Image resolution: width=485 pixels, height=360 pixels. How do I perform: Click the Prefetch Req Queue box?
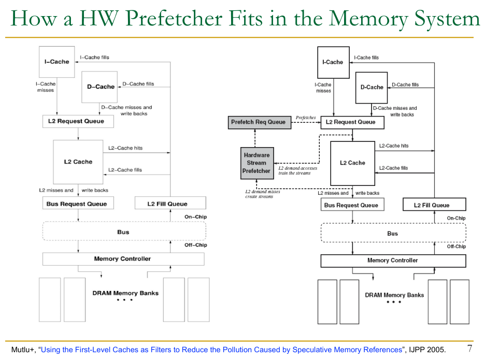(258, 122)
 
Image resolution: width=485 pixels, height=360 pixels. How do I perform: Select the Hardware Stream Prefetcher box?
(256, 163)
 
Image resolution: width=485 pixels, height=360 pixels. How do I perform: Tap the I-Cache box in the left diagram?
(57, 62)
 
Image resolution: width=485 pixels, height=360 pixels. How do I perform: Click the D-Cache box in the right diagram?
(372, 87)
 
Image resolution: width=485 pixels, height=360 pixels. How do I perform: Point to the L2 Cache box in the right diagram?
(352, 163)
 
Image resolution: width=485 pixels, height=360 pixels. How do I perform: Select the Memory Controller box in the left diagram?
(123, 258)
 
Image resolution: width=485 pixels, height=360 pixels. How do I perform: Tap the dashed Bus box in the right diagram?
(393, 233)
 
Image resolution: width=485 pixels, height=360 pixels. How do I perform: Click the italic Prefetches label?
(306, 118)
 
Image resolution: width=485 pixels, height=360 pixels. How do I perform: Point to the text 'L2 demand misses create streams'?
(263, 194)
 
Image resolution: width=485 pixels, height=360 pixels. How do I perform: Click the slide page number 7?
(470, 348)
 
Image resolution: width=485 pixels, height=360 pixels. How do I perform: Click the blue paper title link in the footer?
(221, 350)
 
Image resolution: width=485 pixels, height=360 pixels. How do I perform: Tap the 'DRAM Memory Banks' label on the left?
(125, 293)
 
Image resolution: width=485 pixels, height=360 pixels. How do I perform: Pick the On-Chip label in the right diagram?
(456, 218)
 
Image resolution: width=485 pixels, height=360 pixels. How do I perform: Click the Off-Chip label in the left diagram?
(195, 245)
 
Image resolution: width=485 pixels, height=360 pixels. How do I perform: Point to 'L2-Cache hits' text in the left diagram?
(125, 148)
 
